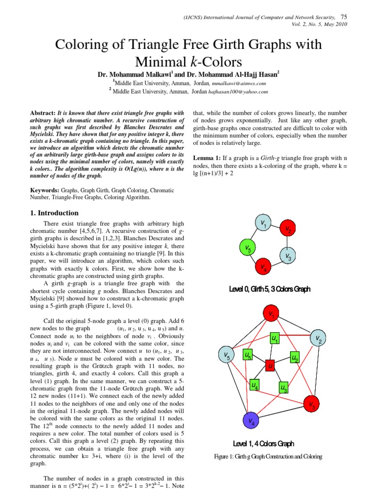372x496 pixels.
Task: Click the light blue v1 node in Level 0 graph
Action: [x=263, y=224]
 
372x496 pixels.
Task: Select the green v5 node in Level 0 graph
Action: [x=247, y=249]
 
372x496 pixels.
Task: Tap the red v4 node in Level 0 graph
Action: [x=263, y=266]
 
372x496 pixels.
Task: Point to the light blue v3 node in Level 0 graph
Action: [x=287, y=255]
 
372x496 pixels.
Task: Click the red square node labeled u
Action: [x=271, y=365]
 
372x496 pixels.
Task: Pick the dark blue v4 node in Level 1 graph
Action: [x=251, y=420]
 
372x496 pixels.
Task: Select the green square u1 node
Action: [x=275, y=338]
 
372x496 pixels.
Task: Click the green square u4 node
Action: [x=254, y=385]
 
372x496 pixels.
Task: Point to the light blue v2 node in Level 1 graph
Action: [x=318, y=339]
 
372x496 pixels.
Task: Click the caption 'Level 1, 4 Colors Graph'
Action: [x=263, y=443]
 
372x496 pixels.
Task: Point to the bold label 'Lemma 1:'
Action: [x=207, y=158]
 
